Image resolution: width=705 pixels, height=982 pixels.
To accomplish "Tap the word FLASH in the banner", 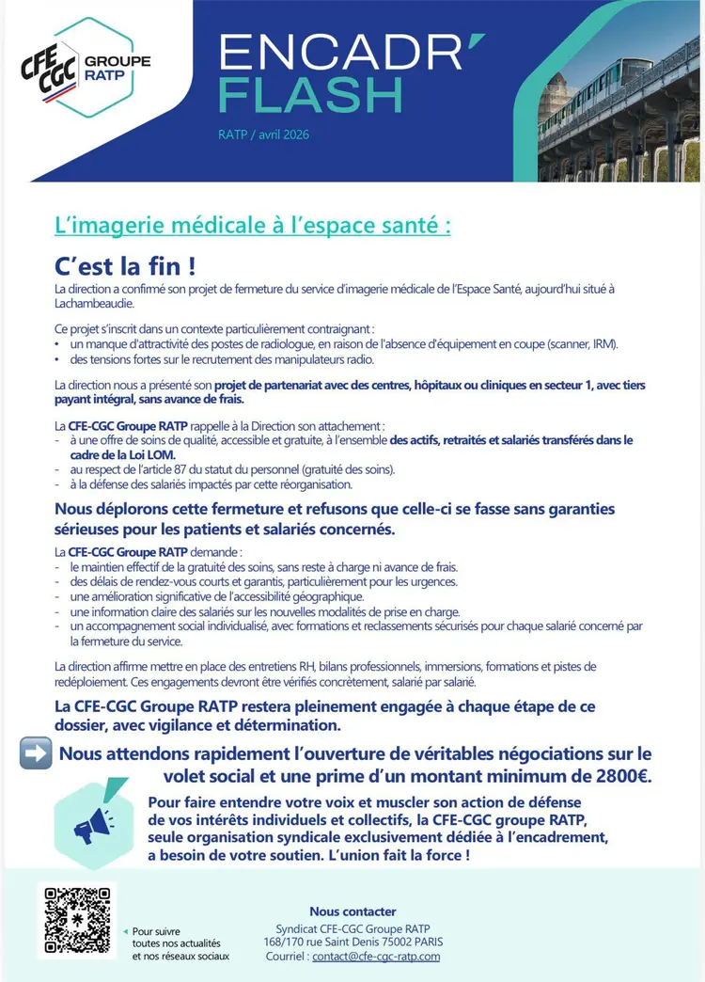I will pyautogui.click(x=310, y=94).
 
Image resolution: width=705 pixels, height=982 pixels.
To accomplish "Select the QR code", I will pyautogui.click(x=76, y=920).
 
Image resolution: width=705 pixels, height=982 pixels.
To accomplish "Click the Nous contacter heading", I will pyautogui.click(x=352, y=911).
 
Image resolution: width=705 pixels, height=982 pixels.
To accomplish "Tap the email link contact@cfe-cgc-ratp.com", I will pyautogui.click(x=376, y=956).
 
